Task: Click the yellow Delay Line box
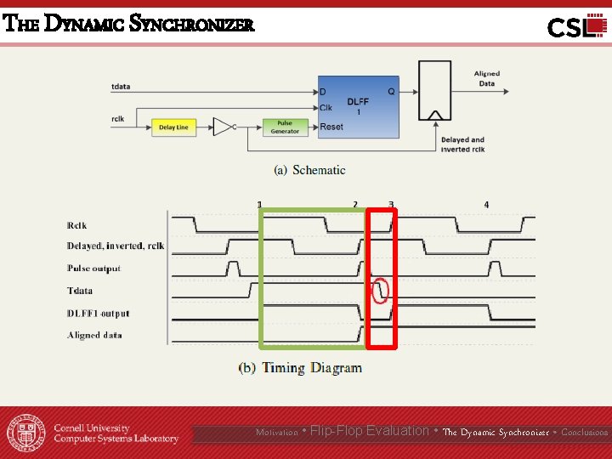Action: click(x=173, y=127)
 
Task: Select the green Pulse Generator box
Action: click(x=285, y=127)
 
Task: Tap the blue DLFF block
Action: click(x=358, y=106)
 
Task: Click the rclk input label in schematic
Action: click(x=118, y=119)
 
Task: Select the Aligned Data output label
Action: click(x=486, y=78)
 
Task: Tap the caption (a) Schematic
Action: click(x=309, y=170)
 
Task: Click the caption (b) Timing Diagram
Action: click(x=300, y=368)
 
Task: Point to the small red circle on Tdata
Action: click(x=381, y=291)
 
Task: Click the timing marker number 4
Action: click(x=486, y=205)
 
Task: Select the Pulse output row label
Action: click(x=93, y=269)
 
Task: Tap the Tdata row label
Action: click(x=80, y=291)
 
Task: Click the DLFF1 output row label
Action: click(x=98, y=314)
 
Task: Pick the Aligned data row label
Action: click(x=94, y=336)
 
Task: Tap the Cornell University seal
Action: click(x=26, y=433)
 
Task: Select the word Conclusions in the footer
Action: click(x=584, y=433)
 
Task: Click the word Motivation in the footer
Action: click(x=277, y=433)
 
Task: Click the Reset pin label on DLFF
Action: click(x=331, y=127)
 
